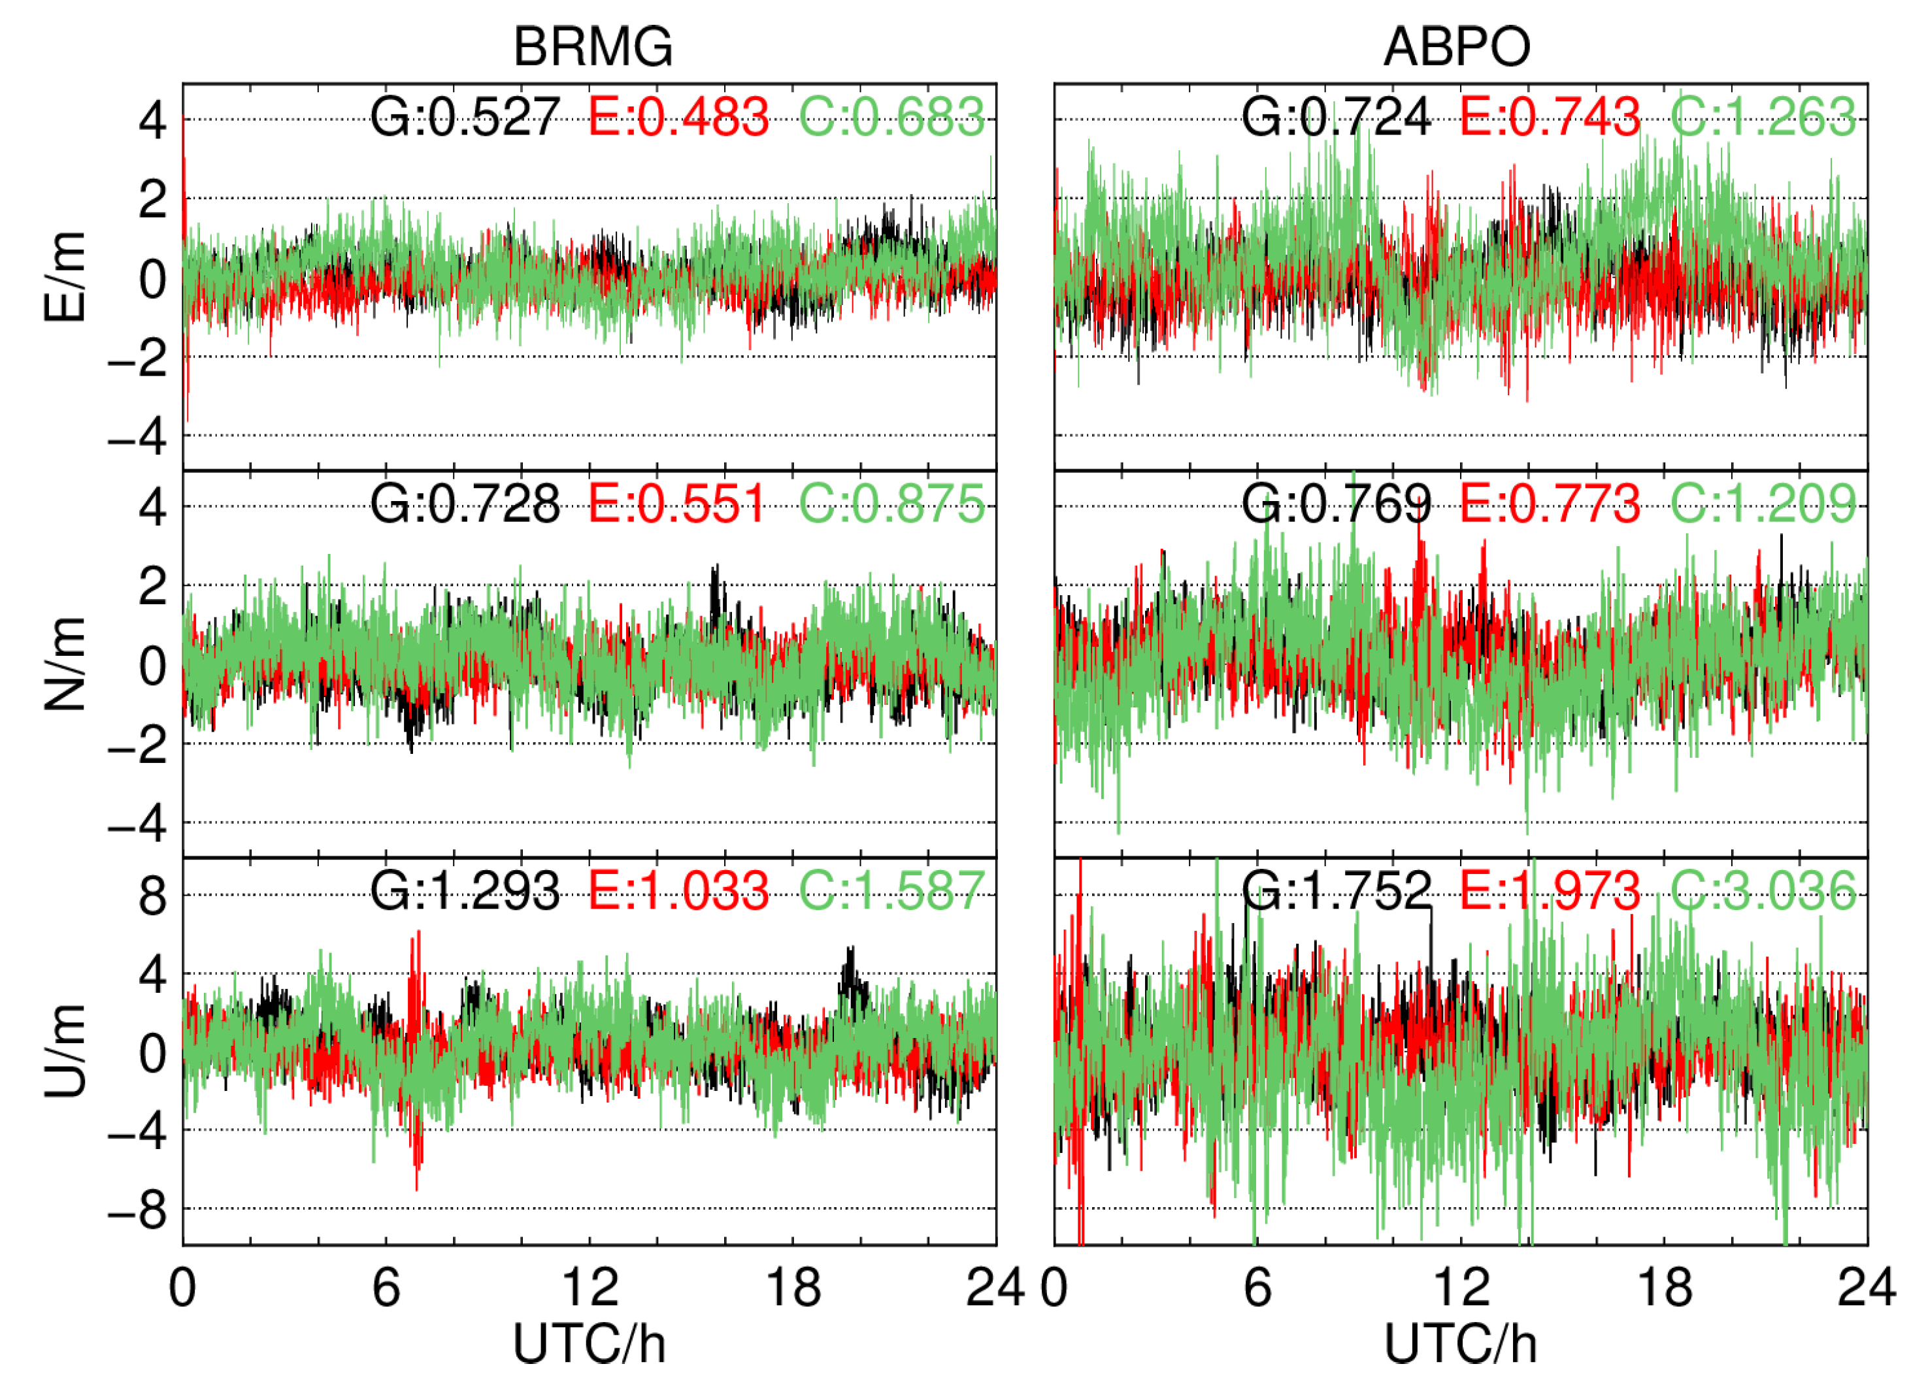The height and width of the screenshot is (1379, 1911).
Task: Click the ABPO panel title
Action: (x=1457, y=46)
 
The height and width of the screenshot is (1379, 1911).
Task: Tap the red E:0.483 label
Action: (x=678, y=116)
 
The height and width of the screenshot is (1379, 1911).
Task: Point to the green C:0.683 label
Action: (x=891, y=116)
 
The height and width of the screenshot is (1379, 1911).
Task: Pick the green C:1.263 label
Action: (x=1763, y=116)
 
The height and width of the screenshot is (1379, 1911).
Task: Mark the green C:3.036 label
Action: (x=1763, y=890)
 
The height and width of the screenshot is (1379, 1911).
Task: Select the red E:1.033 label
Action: (x=678, y=890)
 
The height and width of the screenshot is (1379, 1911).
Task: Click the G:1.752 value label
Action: (x=1337, y=890)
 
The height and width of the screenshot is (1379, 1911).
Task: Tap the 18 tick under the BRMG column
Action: (x=793, y=1288)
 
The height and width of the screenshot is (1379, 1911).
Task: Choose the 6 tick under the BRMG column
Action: (x=386, y=1288)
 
